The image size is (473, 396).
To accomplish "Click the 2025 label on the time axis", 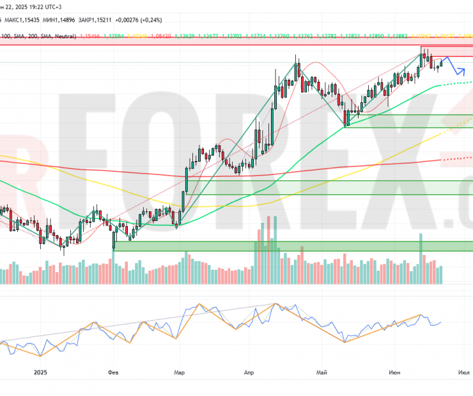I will click(42, 372).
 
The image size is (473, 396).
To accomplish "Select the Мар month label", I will click(180, 372).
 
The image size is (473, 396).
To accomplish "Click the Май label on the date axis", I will click(322, 372).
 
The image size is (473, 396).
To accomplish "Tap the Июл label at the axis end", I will click(461, 372).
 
